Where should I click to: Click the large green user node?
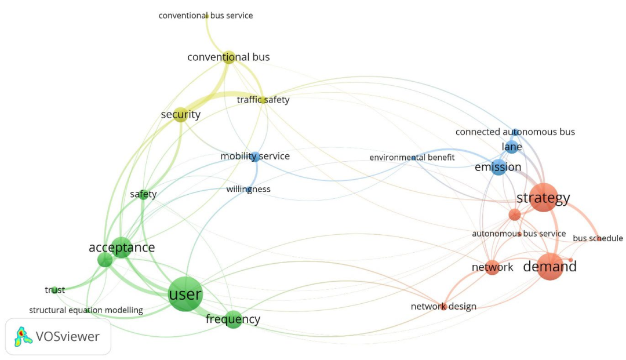[x=185, y=294]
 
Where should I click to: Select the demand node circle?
[x=549, y=267]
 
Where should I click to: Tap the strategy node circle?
[x=543, y=198]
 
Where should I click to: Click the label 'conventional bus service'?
[x=206, y=16]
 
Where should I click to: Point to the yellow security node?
[x=180, y=115]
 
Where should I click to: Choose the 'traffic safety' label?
[x=263, y=100]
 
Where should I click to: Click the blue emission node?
[x=498, y=168]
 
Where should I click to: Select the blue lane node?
[x=512, y=147]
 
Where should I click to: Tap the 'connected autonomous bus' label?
[x=515, y=132]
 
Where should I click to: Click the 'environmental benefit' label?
[x=412, y=158]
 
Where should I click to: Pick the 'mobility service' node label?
[x=255, y=157]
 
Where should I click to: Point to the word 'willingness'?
[x=248, y=189]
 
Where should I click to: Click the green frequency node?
[x=233, y=319]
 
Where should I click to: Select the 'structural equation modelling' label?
[x=86, y=310]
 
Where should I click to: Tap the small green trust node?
[x=54, y=290]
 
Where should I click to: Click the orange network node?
[x=492, y=267]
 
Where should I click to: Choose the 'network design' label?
[x=443, y=307]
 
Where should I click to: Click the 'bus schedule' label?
[x=598, y=238]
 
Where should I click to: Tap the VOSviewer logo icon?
[x=21, y=336]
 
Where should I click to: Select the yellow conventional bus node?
[x=228, y=57]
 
